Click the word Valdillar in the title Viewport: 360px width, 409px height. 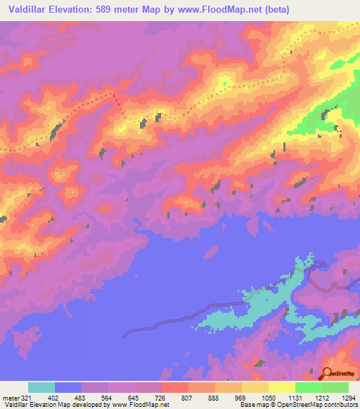tap(29, 10)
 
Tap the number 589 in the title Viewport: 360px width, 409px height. tap(115, 10)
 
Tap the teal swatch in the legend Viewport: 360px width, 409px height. tap(41, 387)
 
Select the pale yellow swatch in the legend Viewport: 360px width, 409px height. tap(281, 387)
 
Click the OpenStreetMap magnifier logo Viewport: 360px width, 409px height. tap(327, 374)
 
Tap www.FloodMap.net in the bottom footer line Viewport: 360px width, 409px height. tap(138, 404)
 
